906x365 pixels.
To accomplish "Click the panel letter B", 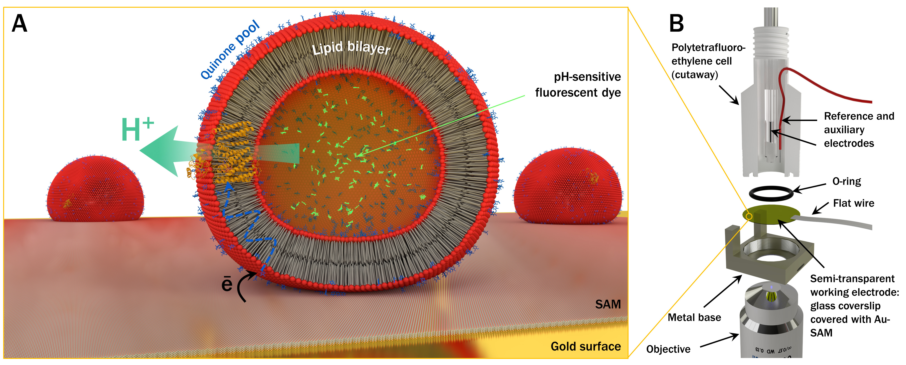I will coord(676,24).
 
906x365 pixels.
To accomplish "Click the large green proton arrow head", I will coord(158,151).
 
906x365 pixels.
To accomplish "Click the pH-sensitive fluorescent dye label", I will coord(578,85).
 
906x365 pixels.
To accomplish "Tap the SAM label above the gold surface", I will coord(608,304).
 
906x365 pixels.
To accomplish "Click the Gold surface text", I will coord(586,346).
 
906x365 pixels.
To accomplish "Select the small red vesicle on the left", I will coord(95,190).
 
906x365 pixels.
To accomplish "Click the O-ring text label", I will coord(847,181).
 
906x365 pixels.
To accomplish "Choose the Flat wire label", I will coord(854,203).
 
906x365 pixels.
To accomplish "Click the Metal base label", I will coord(694,318).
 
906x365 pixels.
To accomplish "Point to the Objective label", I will coord(668,349).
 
